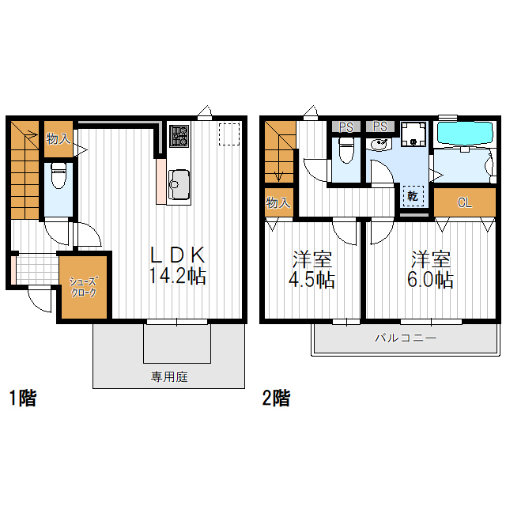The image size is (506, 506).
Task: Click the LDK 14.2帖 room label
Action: [x=178, y=266]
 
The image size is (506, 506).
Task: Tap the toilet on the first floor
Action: [x=58, y=177]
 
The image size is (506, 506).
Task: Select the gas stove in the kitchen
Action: [x=178, y=137]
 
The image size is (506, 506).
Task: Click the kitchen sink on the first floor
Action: [x=178, y=184]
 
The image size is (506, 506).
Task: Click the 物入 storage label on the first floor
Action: [x=58, y=138]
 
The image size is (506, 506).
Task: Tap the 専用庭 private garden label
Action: [x=169, y=377]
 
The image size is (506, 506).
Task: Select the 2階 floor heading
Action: [x=275, y=398]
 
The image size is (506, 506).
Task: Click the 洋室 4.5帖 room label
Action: [x=312, y=270]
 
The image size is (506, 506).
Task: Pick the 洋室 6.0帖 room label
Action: [x=431, y=270]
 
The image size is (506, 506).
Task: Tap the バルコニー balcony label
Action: [x=405, y=338]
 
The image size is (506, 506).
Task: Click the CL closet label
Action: [x=464, y=202]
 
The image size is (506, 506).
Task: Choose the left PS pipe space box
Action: [x=346, y=126]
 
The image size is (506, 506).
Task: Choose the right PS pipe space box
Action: [x=379, y=126]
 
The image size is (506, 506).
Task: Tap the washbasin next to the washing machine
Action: [x=379, y=145]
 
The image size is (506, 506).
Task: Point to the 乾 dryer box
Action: [x=413, y=194]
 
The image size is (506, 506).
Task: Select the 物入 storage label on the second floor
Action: [x=278, y=202]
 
